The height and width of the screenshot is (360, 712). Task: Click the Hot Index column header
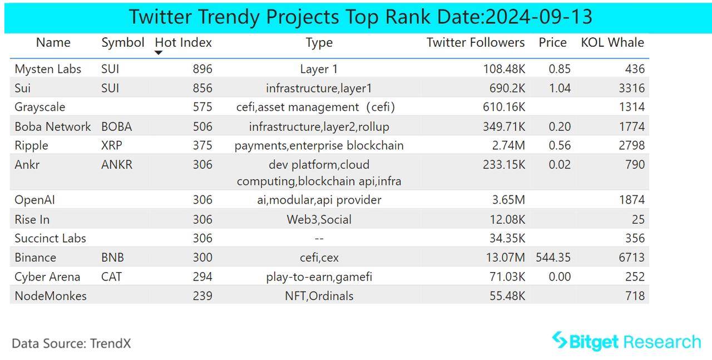[x=183, y=43]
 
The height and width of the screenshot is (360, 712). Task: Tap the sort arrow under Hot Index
[x=159, y=53]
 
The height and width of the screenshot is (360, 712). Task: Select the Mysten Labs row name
[x=48, y=69]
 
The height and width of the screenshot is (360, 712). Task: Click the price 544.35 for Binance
[x=553, y=258]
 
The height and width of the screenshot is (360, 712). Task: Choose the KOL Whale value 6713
[x=632, y=258]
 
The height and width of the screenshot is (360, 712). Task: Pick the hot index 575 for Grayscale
[x=202, y=107]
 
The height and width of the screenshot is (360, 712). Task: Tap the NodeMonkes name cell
[x=51, y=296]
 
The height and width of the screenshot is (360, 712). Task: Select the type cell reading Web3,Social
[x=319, y=220]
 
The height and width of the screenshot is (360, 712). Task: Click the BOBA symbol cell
[x=117, y=127]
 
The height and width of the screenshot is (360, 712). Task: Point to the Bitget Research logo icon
[x=559, y=340]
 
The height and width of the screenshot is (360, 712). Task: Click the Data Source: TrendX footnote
[x=71, y=343]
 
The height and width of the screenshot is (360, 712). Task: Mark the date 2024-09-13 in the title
[x=538, y=17]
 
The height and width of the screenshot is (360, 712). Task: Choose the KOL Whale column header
[x=612, y=43]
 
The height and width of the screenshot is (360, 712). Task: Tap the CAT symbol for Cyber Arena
[x=111, y=277]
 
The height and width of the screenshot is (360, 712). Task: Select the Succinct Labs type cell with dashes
[x=319, y=239]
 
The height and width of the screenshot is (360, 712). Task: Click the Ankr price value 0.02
[x=560, y=165]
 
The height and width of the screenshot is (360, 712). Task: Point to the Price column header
[x=552, y=43]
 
